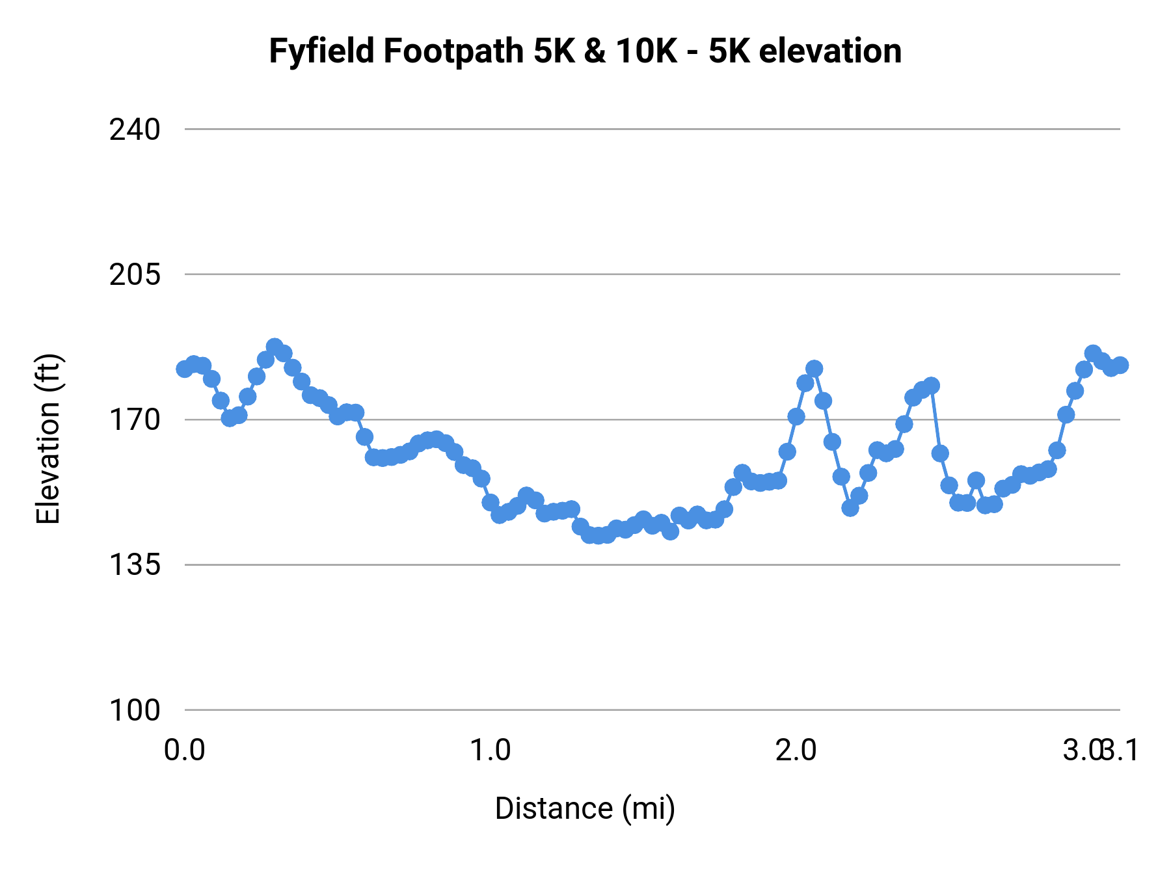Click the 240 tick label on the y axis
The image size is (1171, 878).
[134, 130]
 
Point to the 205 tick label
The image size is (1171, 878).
[134, 275]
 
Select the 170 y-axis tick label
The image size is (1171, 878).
[134, 420]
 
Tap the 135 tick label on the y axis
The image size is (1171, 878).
[134, 565]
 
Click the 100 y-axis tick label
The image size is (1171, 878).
[134, 710]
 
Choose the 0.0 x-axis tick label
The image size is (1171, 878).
[184, 751]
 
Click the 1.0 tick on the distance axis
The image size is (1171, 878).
[490, 751]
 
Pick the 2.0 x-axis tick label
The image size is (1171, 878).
[796, 751]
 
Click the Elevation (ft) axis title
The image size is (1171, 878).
[48, 439]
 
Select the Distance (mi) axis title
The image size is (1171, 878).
[585, 808]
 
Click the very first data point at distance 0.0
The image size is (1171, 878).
[185, 369]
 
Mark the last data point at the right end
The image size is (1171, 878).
[1120, 365]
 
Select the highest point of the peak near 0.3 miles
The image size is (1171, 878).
[275, 347]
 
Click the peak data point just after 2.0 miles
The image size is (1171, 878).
[814, 369]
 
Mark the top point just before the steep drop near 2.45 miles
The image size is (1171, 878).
[931, 386]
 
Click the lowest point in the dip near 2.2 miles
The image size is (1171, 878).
[850, 507]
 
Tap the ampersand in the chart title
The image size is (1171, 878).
[594, 51]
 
